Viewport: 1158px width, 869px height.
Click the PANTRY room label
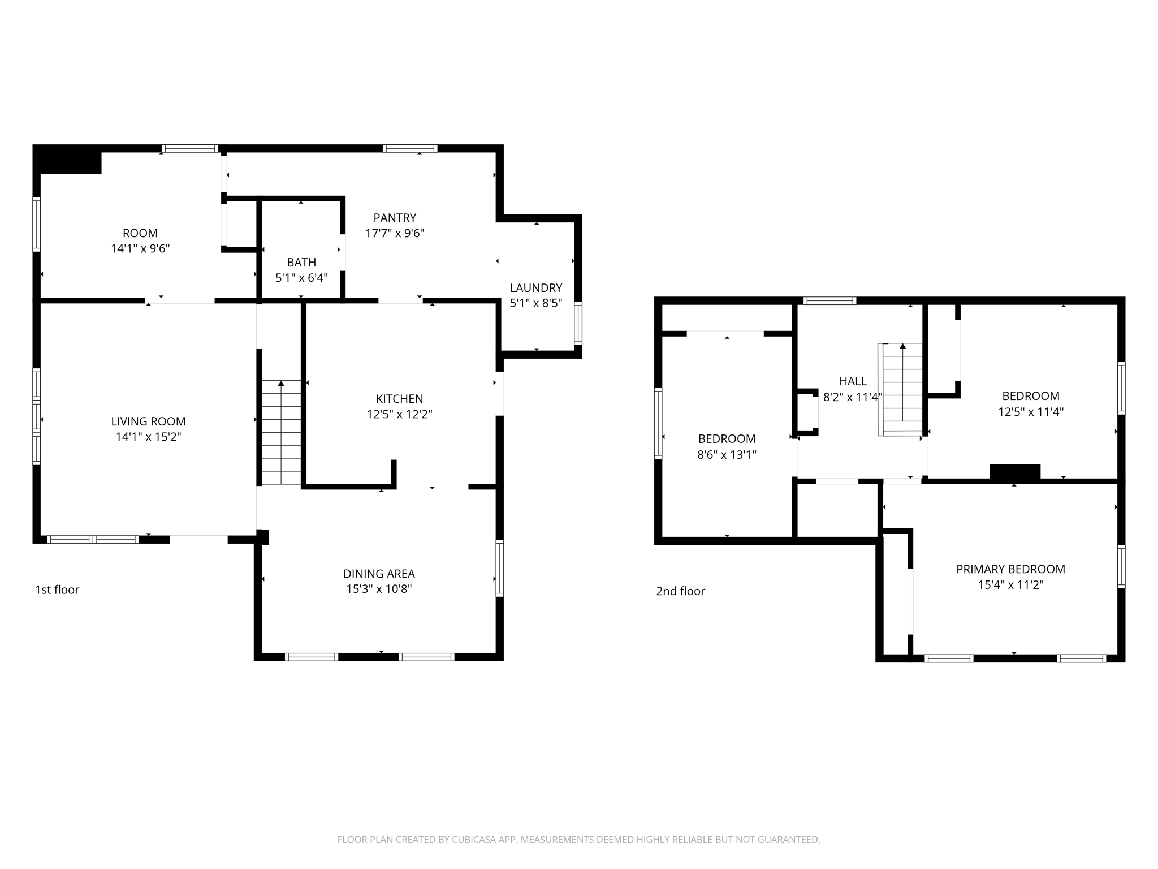coord(395,218)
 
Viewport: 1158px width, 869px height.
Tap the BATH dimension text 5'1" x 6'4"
coord(301,278)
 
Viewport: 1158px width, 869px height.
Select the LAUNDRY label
coord(536,288)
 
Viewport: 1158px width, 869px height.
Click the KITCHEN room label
coord(400,399)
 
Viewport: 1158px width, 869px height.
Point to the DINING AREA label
coord(379,574)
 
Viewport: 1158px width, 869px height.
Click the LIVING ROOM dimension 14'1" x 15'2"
coord(148,437)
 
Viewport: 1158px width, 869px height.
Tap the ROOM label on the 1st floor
coord(140,233)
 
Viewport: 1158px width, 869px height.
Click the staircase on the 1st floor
coord(281,433)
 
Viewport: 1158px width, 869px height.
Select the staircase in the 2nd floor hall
coord(900,389)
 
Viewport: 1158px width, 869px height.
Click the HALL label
coord(853,381)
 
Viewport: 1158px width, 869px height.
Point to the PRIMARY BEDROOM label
coord(1010,569)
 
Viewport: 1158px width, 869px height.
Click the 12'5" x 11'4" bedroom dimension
coord(1031,412)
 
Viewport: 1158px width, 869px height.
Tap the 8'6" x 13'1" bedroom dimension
coord(727,455)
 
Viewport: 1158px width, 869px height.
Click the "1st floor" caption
coord(57,590)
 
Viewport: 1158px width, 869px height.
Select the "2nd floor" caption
coord(680,591)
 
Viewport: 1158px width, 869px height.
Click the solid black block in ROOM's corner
coord(67,160)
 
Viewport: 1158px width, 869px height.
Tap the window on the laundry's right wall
coord(578,323)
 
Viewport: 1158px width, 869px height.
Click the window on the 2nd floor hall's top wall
coord(829,301)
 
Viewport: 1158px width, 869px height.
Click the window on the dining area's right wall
coord(500,568)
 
